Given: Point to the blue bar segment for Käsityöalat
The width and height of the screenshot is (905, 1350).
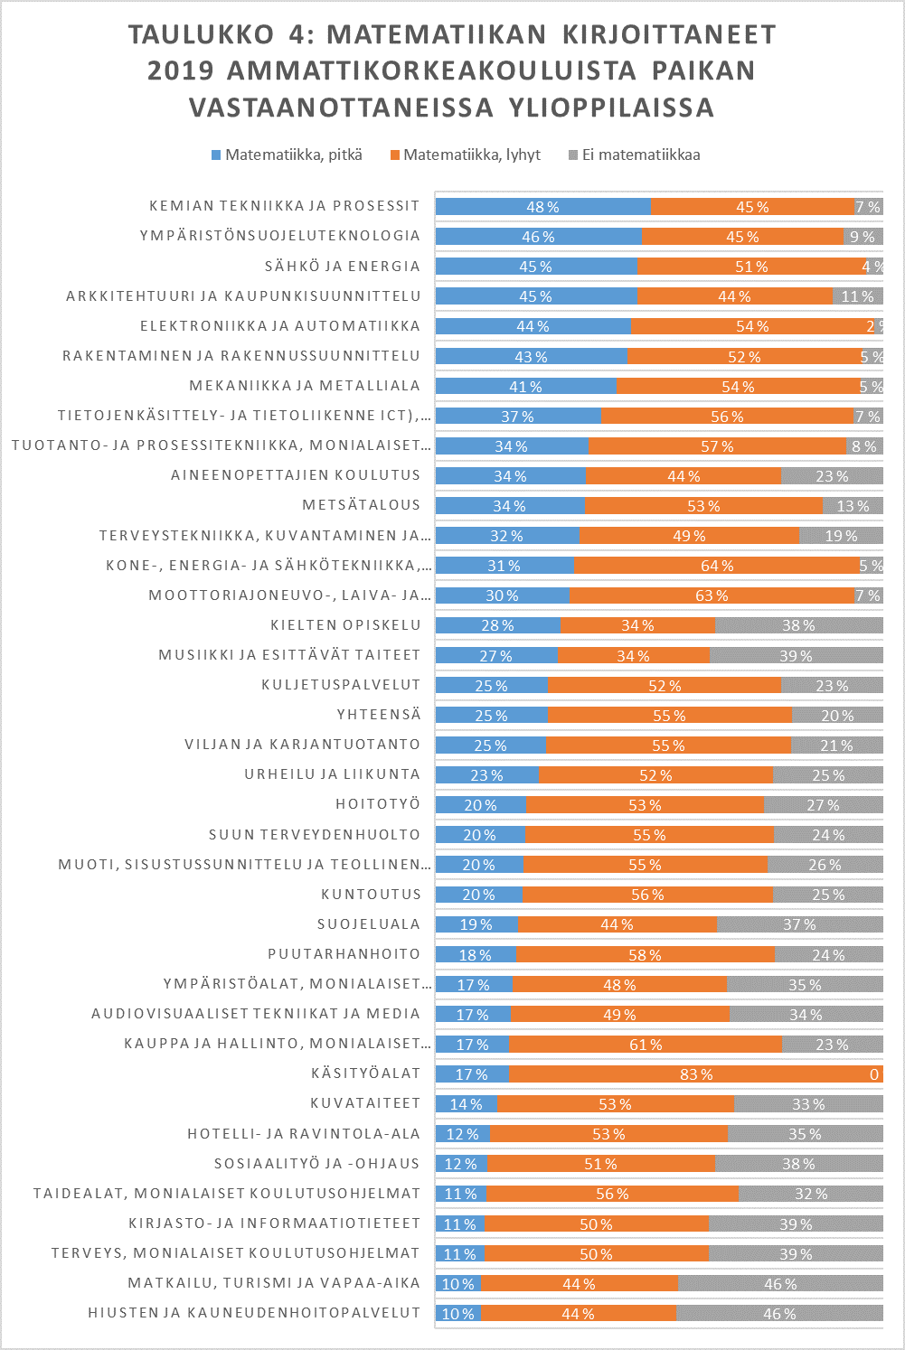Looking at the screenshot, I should tap(472, 1073).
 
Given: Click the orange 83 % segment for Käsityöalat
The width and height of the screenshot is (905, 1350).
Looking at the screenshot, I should tap(695, 1073).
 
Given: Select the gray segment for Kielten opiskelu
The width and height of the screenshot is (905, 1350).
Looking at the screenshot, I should tap(798, 625).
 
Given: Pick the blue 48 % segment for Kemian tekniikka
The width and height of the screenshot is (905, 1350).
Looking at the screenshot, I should tap(542, 207).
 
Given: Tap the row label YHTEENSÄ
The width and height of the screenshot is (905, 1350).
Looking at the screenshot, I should tap(379, 715).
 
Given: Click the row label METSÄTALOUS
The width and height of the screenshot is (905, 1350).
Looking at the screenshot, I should tap(362, 505).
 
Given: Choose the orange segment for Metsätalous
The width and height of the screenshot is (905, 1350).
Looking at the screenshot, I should tap(703, 505).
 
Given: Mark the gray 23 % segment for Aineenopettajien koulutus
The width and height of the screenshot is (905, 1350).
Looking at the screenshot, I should tap(832, 476).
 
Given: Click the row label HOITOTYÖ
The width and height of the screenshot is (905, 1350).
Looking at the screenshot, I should tap(378, 804).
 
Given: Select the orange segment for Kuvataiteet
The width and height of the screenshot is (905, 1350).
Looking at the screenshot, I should tap(615, 1103).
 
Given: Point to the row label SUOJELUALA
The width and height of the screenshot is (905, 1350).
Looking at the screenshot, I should tap(369, 923).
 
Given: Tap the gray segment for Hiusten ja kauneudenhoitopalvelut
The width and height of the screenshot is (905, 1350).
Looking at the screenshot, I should tap(779, 1313).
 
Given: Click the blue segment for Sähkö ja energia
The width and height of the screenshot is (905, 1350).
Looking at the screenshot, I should tap(535, 267).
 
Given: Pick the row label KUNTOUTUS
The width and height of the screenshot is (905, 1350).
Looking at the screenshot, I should tap(371, 894).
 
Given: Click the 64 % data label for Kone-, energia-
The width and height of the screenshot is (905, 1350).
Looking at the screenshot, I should tap(717, 566).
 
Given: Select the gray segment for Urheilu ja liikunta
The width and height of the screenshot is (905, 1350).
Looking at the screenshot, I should tap(827, 774).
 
